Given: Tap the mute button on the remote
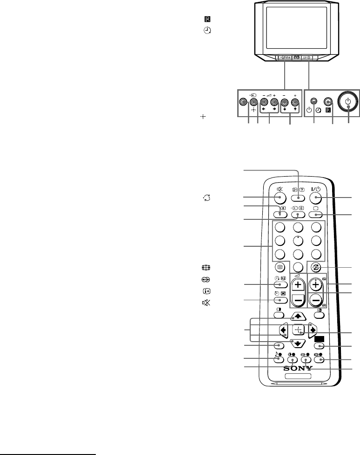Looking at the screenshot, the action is point(280,198).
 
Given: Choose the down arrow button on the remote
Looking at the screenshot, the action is point(297,343).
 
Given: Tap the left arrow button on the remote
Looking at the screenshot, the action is point(283,330).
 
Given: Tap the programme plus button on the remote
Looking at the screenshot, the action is point(317,284).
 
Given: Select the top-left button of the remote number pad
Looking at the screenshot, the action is point(280,228).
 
